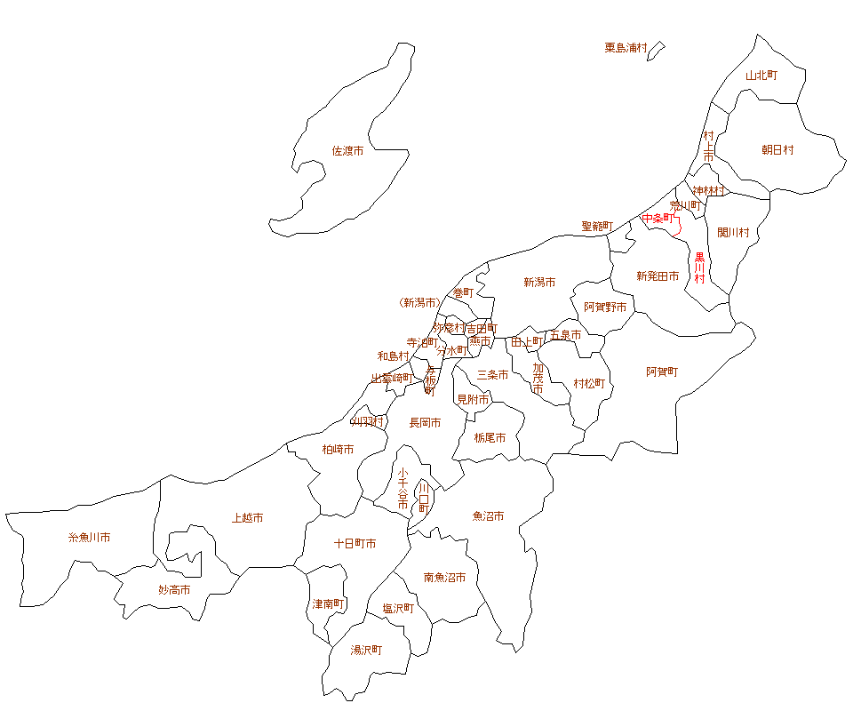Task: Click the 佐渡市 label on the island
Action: (347, 151)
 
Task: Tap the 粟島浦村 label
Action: (626, 48)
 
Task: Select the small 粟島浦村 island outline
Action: (656, 51)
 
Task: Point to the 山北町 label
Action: (761, 76)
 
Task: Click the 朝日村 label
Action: (777, 150)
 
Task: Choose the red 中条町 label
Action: (658, 219)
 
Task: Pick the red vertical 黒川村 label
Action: (699, 268)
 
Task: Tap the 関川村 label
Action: (733, 233)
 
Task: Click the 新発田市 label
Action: (658, 276)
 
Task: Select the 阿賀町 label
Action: (662, 371)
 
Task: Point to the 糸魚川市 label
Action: (89, 538)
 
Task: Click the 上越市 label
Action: (247, 518)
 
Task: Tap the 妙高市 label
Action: (174, 589)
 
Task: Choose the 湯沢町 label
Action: (366, 650)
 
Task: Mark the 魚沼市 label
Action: (488, 515)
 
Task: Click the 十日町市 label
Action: (355, 543)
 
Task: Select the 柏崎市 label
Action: (338, 450)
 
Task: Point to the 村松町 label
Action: (588, 384)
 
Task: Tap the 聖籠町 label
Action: (597, 227)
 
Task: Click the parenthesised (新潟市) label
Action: (419, 303)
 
